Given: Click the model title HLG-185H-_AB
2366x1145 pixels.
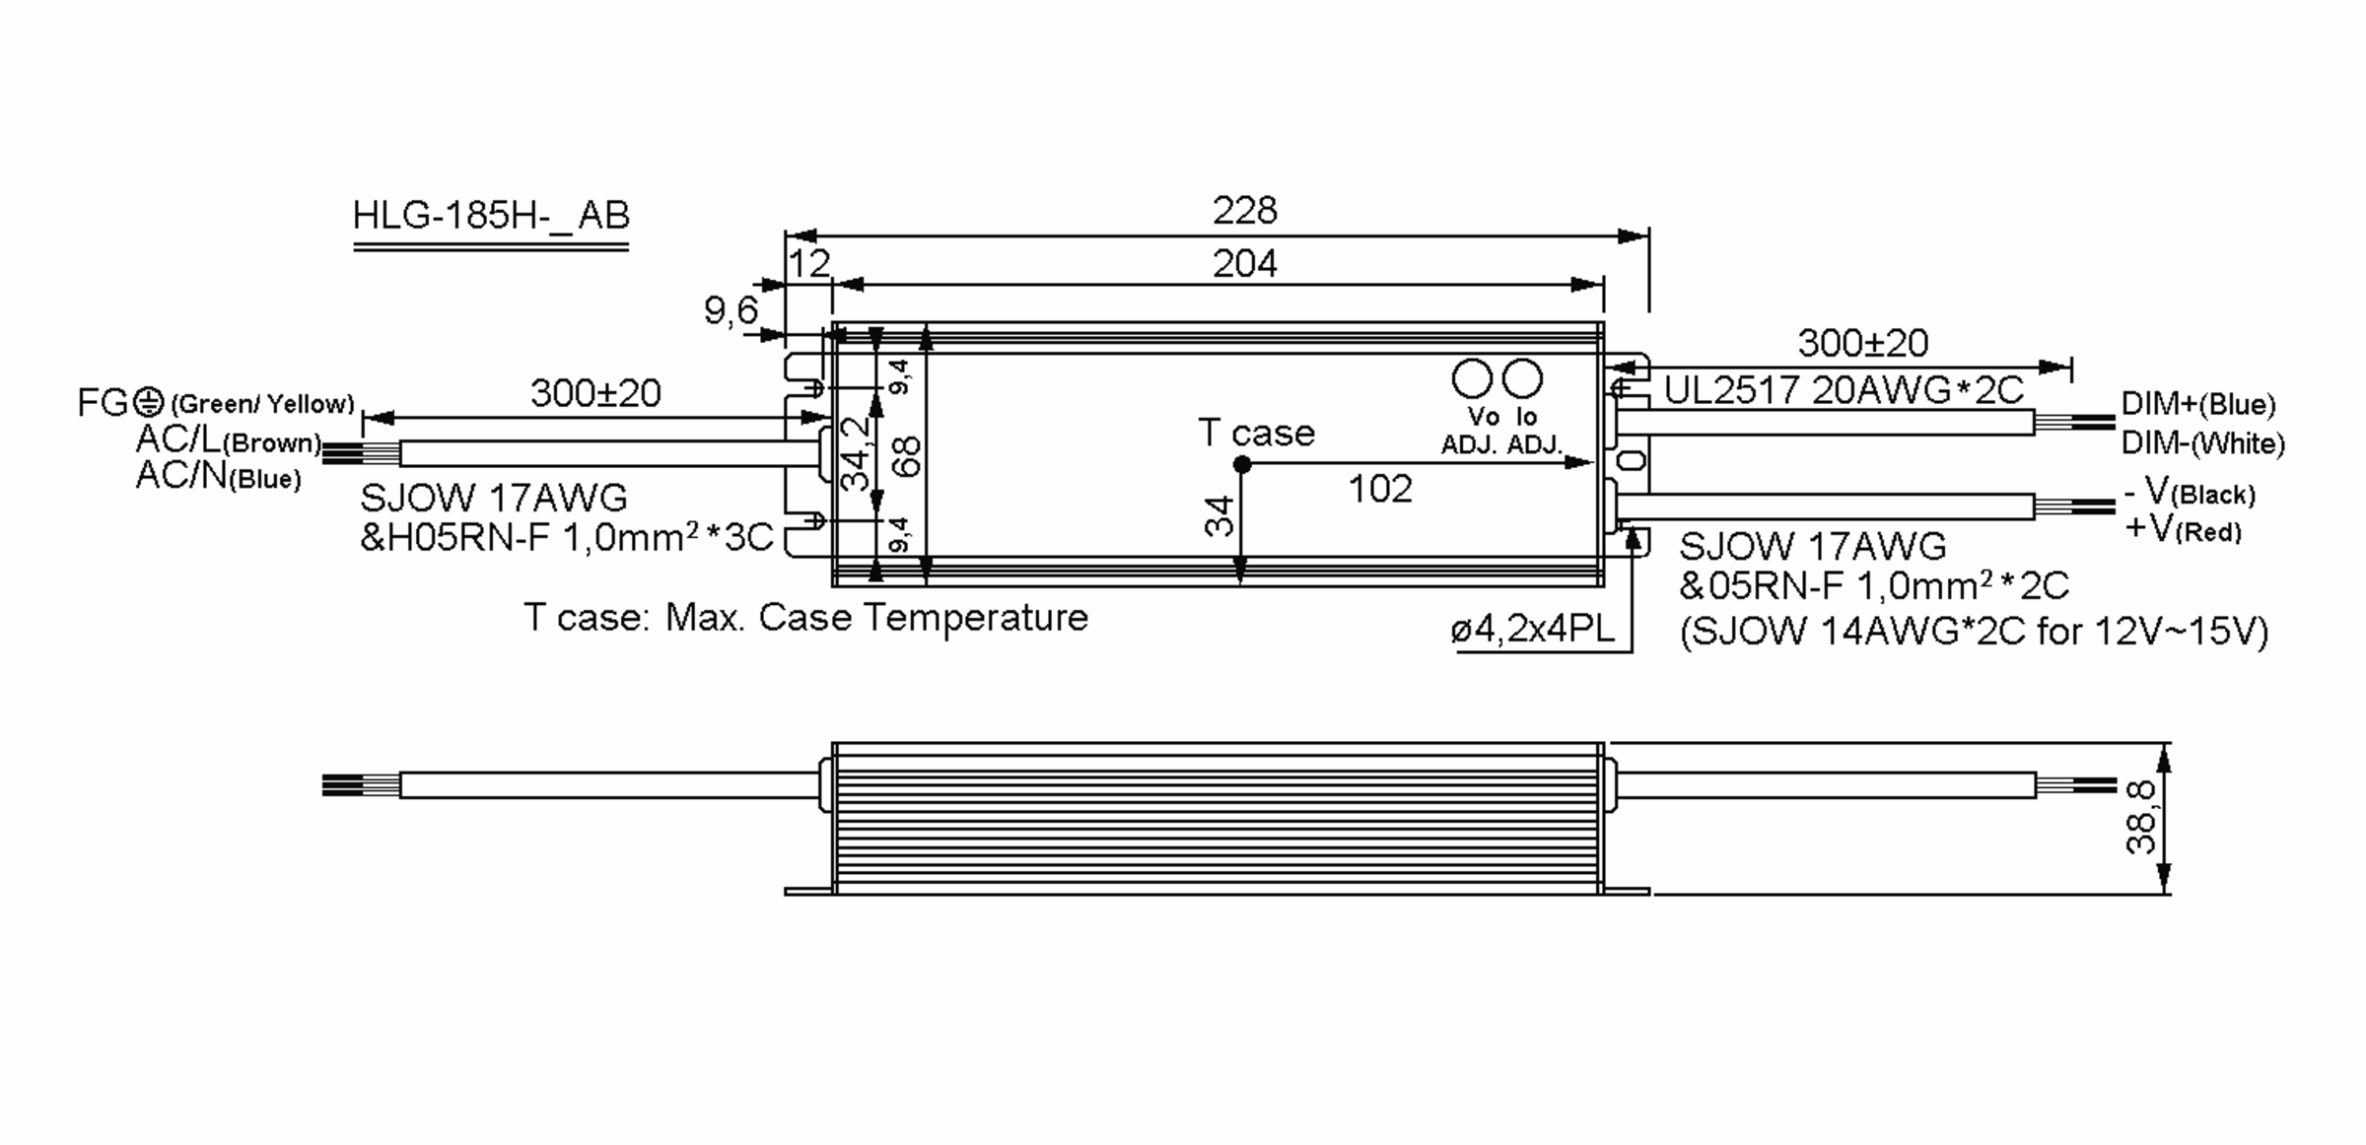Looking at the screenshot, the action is coord(491,215).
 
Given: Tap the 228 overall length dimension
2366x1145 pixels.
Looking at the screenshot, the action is coord(1245,210).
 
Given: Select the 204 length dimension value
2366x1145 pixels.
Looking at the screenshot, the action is coord(1245,264).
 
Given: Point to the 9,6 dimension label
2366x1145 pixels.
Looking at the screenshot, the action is coord(731,312).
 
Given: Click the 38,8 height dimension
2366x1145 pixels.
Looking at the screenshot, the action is coord(2140,817).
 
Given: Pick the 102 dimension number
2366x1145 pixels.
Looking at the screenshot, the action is coord(1380,489).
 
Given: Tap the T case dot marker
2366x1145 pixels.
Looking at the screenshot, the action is coord(1242,464).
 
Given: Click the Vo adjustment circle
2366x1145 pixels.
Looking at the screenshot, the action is coord(1472,378).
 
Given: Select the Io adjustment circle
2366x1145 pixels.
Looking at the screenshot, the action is coord(1521,378).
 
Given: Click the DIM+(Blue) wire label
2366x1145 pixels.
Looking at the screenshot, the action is coord(2198,404).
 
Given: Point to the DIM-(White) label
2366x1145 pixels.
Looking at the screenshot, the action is coord(2202,443).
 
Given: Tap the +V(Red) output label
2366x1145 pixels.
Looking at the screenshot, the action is coord(2183,529).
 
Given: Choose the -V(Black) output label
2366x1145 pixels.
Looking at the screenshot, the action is coord(2189,492).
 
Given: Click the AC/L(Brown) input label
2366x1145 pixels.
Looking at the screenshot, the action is coord(230,440).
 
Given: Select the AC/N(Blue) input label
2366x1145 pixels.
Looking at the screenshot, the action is coord(218,476).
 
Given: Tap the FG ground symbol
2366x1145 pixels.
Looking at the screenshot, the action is coord(148,401).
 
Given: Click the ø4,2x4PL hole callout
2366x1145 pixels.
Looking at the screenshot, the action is coord(1533,630).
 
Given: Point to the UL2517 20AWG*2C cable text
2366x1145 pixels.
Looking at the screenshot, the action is coord(1844,391).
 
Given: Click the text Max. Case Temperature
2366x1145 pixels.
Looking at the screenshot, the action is coord(876,618).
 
